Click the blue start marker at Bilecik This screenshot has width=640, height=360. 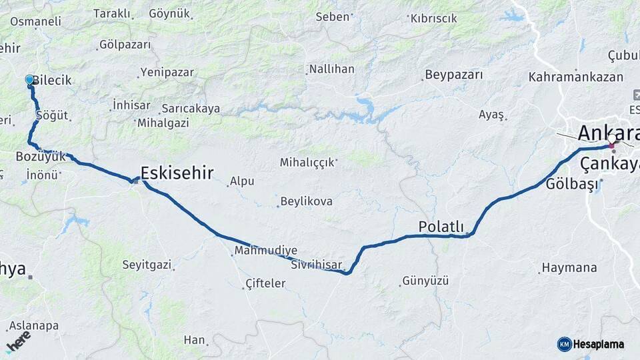(x=29, y=80)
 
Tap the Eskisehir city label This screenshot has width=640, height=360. (x=177, y=173)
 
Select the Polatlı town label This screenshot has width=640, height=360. (x=441, y=227)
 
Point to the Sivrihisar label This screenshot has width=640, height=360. (x=317, y=265)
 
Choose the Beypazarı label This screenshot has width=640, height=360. (x=453, y=75)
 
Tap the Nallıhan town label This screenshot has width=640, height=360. (x=331, y=69)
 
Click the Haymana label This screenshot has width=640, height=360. (x=569, y=267)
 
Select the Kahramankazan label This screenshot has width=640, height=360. (x=575, y=77)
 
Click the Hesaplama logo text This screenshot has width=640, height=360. (x=598, y=344)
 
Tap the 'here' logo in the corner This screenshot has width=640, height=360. (x=19, y=341)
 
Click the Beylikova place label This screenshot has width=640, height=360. (x=306, y=201)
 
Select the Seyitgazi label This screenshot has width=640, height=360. (x=147, y=265)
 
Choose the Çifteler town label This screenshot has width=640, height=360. (x=265, y=283)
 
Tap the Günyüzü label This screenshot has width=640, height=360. (x=425, y=281)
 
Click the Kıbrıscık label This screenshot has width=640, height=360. (x=434, y=18)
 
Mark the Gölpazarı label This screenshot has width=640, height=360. (x=125, y=45)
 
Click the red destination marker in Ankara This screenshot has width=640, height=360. (x=611, y=145)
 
